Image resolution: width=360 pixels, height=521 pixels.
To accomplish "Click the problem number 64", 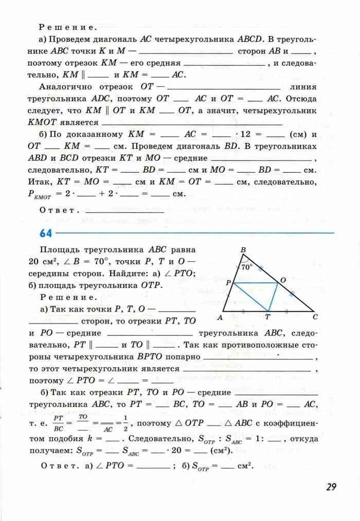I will pyautogui.click(x=46, y=233).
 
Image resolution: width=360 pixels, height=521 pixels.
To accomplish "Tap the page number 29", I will pyautogui.click(x=330, y=487).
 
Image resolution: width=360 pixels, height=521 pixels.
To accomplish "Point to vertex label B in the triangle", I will pyautogui.click(x=243, y=250).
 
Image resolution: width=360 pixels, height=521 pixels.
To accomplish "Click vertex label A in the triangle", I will pyautogui.click(x=220, y=317).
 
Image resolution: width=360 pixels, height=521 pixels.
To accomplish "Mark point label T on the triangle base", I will pyautogui.click(x=267, y=318).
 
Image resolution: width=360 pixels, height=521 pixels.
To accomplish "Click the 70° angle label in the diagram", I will pyautogui.click(x=247, y=267).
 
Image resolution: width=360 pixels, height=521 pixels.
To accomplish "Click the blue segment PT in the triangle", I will pyautogui.click(x=250, y=297).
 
